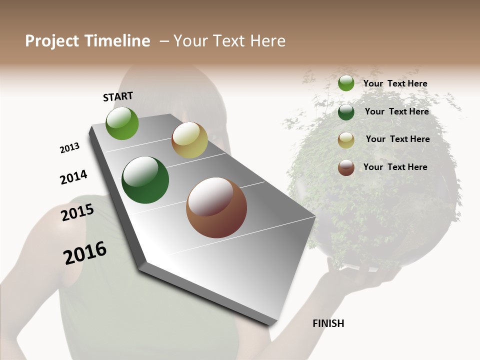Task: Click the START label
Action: coord(118,96)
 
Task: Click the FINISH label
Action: coord(328,323)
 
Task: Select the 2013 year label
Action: coord(69,148)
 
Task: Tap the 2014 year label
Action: coord(73,177)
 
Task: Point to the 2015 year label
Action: coord(77,212)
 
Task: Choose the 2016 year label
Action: coord(85,252)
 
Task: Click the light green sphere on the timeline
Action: coord(122,123)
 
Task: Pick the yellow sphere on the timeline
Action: coord(189,140)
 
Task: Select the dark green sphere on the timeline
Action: coord(145,180)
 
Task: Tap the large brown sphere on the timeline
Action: coord(216,207)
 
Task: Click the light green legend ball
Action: coord(346,83)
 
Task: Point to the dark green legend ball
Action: coord(346,112)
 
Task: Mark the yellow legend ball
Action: coord(346,140)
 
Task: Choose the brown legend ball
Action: coord(346,167)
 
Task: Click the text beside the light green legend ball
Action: coord(395,83)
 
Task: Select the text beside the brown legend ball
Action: coord(395,167)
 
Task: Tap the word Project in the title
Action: coord(51,41)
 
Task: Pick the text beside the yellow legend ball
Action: coord(397,139)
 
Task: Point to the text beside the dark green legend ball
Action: coord(396,111)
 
